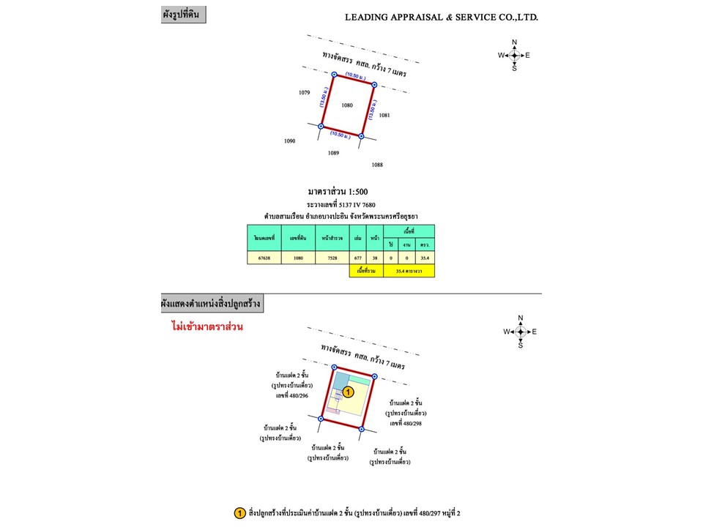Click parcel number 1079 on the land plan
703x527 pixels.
(305, 93)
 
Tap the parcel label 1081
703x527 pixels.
(384, 115)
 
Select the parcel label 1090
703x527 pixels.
(290, 141)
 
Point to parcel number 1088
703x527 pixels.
(377, 165)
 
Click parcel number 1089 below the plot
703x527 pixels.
(333, 153)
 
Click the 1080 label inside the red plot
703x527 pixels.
(347, 105)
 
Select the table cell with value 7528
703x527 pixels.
(327, 258)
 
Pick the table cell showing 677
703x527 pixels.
(358, 258)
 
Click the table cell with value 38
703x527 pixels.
(375, 258)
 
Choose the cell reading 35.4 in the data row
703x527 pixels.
(425, 258)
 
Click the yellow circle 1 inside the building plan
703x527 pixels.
(349, 392)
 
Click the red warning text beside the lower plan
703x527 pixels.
(202, 326)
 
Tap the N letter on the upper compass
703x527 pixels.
(514, 42)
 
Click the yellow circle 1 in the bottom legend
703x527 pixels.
(239, 513)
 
